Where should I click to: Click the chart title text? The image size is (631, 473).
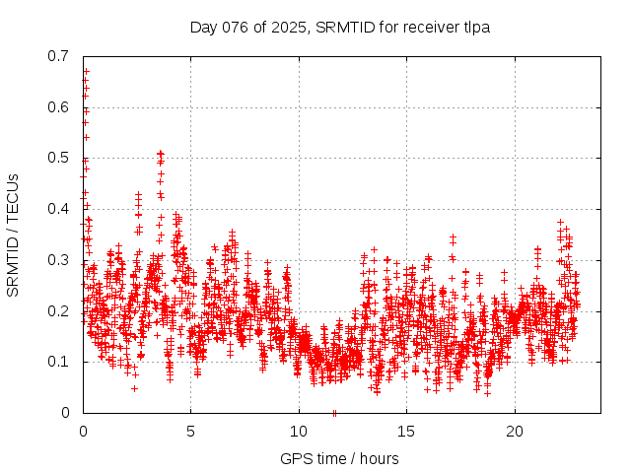point(340,27)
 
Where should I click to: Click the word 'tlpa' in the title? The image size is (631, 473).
point(475,27)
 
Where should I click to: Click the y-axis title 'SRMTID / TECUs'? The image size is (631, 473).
point(13,235)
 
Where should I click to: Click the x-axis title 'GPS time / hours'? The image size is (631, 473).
point(340,458)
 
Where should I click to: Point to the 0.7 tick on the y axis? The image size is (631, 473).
point(58,56)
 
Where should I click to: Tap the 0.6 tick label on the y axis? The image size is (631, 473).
point(58,107)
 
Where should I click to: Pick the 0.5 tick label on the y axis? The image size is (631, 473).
point(58,158)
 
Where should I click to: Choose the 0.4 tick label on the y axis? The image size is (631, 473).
point(58,209)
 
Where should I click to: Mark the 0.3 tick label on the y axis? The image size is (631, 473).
point(58,260)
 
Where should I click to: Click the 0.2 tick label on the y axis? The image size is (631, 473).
point(58,310)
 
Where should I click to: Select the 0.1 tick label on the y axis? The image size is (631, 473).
point(58,362)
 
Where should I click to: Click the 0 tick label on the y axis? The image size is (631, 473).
point(66,413)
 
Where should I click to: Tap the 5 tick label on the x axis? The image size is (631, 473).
point(191,432)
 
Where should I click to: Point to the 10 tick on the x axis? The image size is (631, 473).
point(299,432)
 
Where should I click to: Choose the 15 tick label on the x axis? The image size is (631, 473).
point(407,432)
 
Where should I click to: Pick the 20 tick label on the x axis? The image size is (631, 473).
point(515,432)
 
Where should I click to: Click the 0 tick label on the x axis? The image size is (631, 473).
point(83,432)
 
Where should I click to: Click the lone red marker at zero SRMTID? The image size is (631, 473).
point(335,412)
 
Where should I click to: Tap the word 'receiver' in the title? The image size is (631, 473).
point(430,27)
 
